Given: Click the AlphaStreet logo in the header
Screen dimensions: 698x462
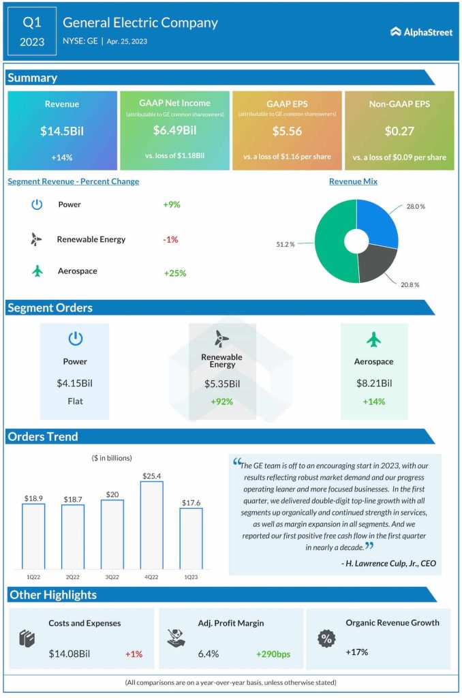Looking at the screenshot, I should pyautogui.click(x=421, y=31).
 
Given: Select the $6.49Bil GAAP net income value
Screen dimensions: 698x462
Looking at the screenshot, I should pyautogui.click(x=174, y=130).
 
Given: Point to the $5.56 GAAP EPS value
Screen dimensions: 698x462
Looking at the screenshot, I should pyautogui.click(x=287, y=130).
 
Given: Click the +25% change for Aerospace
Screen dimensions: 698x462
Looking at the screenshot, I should pyautogui.click(x=174, y=273).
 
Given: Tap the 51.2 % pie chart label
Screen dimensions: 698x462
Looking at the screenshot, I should pyautogui.click(x=286, y=243).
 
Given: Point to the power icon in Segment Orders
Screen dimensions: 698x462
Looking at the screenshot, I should pyautogui.click(x=75, y=339).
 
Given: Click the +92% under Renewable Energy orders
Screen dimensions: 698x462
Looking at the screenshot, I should pyautogui.click(x=222, y=401).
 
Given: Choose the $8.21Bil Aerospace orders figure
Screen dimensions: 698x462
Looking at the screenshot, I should pyautogui.click(x=374, y=384).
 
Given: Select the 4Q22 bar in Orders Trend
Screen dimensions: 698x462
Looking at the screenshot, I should pyautogui.click(x=151, y=525).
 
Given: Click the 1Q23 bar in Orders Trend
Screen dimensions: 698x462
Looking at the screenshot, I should pyautogui.click(x=191, y=538).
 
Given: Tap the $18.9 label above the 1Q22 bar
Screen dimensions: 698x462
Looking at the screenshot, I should pyautogui.click(x=33, y=498).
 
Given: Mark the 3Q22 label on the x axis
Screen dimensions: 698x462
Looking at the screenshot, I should pyautogui.click(x=112, y=576).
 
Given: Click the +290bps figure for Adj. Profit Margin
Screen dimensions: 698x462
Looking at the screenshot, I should pyautogui.click(x=273, y=654).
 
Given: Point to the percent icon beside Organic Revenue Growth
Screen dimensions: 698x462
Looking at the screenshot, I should pyautogui.click(x=327, y=639).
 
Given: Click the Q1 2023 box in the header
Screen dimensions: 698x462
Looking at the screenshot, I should pyautogui.click(x=32, y=31).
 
